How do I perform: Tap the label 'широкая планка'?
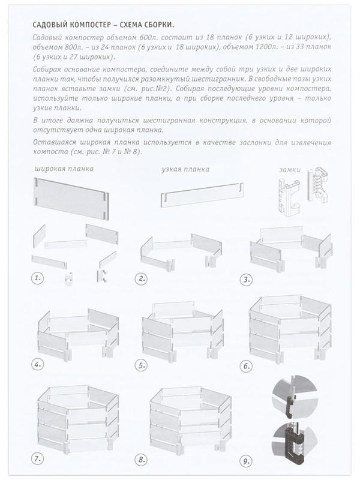[x=64, y=169]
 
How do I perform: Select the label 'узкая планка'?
[x=185, y=170]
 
